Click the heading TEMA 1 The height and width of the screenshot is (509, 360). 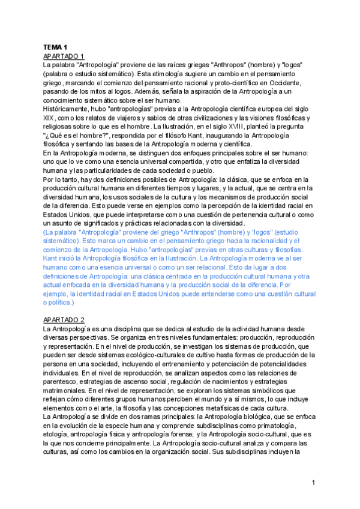54,47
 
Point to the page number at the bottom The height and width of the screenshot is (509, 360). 313,483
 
